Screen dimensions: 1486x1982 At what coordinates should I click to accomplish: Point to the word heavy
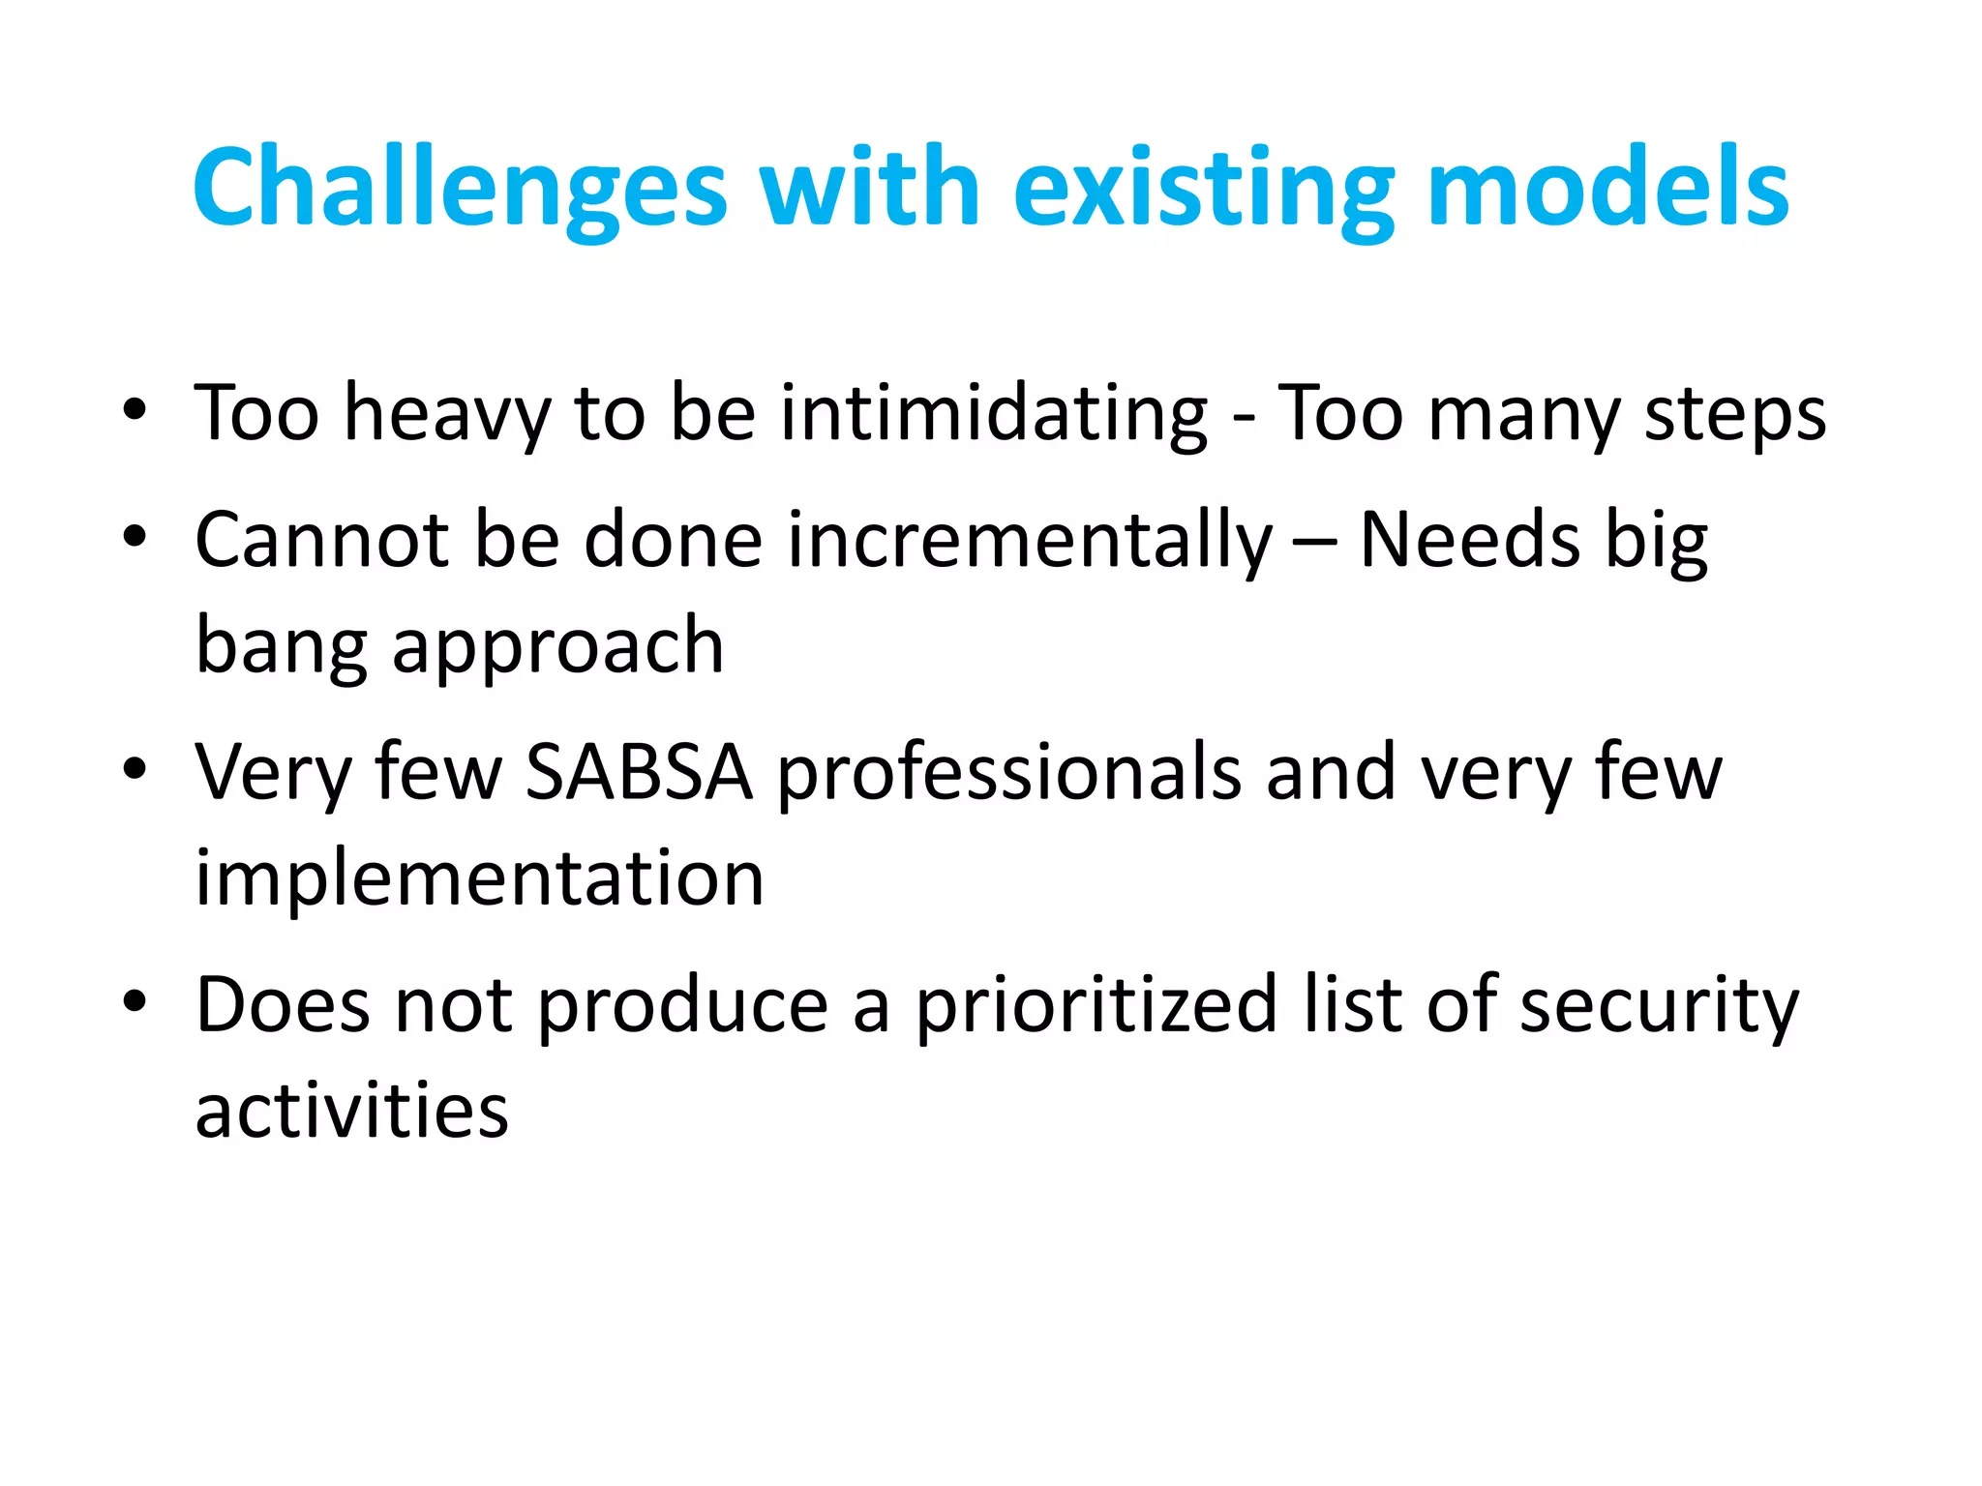pos(447,414)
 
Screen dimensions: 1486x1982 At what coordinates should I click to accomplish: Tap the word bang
pos(282,646)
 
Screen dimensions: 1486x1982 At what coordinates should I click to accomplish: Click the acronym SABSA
pos(639,772)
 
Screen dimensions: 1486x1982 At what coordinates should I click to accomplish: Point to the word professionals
pos(1009,772)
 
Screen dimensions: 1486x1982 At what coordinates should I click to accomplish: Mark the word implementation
pos(479,878)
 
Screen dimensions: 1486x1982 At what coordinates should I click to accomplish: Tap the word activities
pos(351,1111)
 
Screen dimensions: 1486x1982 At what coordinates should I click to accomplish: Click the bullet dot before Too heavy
pos(135,410)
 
